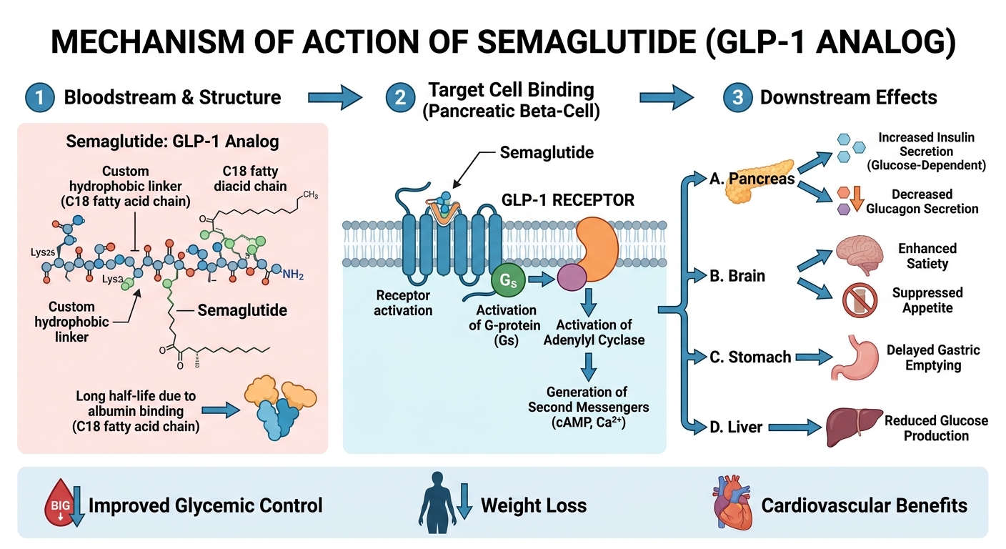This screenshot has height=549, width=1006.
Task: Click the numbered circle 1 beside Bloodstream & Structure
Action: tap(39, 97)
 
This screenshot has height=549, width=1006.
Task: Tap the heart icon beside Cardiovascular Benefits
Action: tap(730, 505)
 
